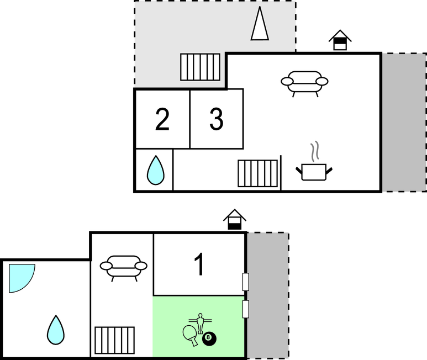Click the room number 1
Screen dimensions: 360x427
[x=199, y=264]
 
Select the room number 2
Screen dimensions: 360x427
[x=162, y=119]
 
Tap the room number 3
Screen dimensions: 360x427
[x=217, y=119]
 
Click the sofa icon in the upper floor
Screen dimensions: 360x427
[x=304, y=82]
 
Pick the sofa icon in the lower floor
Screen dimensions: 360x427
[x=123, y=266]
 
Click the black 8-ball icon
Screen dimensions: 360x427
[x=209, y=338]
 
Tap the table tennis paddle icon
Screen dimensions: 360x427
[x=191, y=335]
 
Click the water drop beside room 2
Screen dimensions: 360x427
[x=155, y=170]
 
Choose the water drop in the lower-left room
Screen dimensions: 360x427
[x=55, y=330]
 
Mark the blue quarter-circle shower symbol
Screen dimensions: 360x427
[x=21, y=277]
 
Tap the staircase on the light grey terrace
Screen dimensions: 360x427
[x=200, y=67]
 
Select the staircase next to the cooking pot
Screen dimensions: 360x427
[x=258, y=173]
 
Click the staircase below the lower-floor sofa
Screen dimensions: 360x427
[x=115, y=341]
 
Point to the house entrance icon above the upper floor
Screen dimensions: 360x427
[x=340, y=41]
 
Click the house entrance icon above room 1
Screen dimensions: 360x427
[x=235, y=219]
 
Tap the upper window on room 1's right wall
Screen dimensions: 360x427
[x=246, y=282]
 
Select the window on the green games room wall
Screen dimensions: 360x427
[x=246, y=309]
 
